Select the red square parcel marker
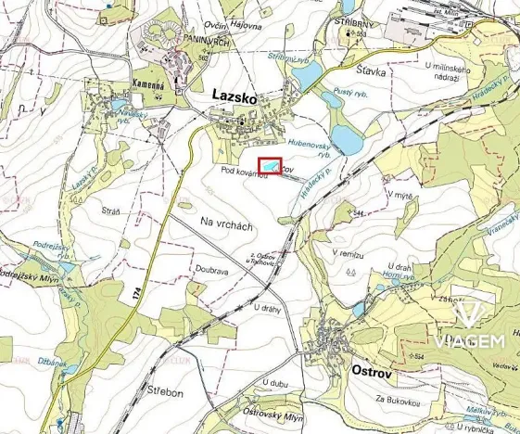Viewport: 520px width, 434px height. (x=269, y=166)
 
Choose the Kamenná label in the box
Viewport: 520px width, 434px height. (x=148, y=83)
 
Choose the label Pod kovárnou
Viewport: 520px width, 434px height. (x=244, y=173)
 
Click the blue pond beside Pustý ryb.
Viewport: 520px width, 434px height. (x=346, y=137)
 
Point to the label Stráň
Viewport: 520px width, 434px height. (x=111, y=211)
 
